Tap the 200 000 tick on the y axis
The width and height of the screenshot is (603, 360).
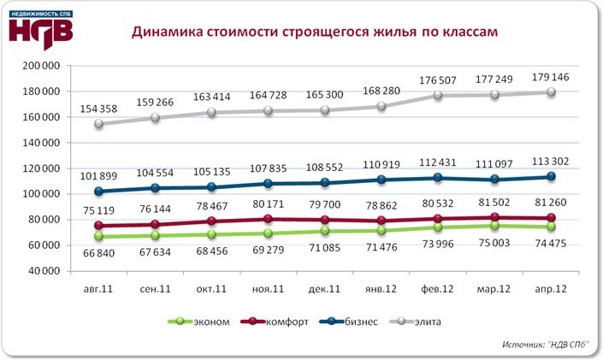click(40, 66)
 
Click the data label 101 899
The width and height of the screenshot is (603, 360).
click(99, 174)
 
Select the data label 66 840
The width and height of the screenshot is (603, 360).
click(99, 254)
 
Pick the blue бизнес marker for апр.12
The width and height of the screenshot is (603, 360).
click(553, 177)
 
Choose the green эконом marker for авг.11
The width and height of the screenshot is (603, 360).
click(99, 237)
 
